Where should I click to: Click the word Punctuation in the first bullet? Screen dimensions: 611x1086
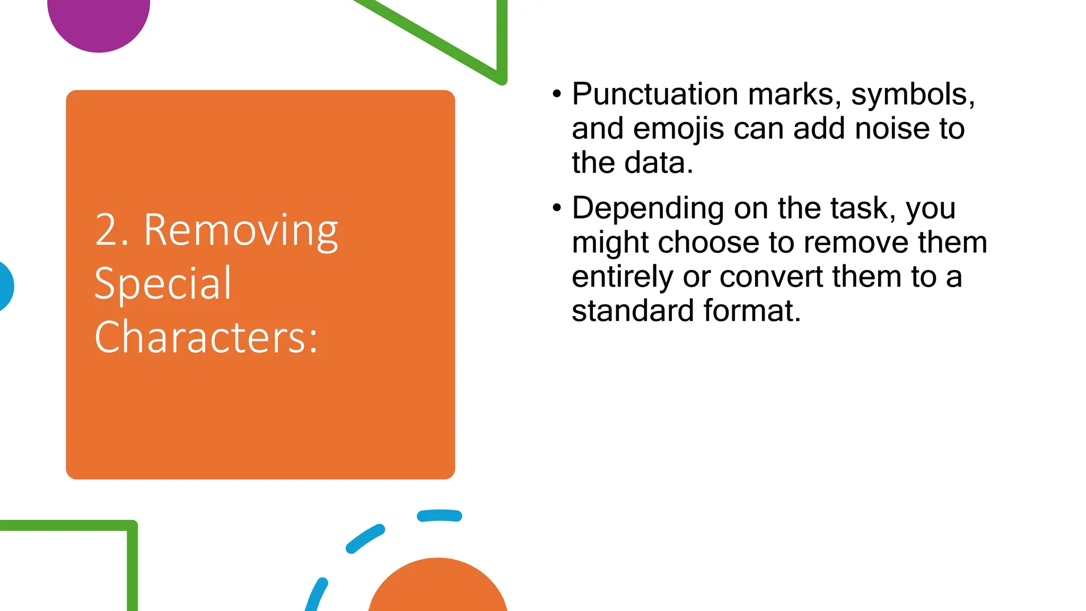tap(655, 94)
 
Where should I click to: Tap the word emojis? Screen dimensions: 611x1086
tap(678, 129)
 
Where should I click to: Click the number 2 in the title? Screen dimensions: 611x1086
tap(106, 230)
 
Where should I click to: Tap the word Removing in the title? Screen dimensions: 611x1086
tap(241, 230)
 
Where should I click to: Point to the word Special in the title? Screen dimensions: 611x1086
tap(163, 283)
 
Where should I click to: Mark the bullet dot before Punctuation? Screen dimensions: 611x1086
tap(556, 94)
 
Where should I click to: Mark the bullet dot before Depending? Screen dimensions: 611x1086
tap(556, 208)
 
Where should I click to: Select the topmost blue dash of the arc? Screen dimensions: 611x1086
tap(439, 516)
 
